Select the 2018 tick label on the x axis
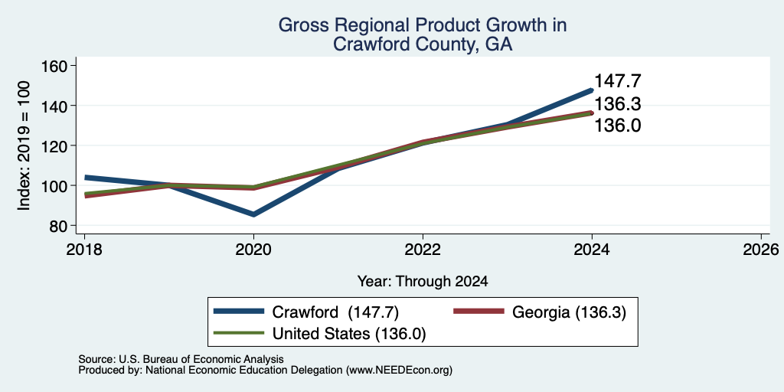(84, 249)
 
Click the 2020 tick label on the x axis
(253, 249)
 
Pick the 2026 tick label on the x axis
(761, 249)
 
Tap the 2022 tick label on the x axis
(423, 249)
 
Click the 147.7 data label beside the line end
(618, 81)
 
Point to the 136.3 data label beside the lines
(618, 104)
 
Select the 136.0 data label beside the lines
(618, 126)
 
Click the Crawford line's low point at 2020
(253, 214)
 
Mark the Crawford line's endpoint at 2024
(592, 90)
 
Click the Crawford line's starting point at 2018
(86, 178)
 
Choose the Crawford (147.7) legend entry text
(335, 312)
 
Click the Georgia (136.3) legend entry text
(569, 312)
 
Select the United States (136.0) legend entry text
(348, 333)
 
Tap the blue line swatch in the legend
(239, 312)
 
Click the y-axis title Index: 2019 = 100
(24, 145)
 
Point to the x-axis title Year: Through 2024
(423, 282)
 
